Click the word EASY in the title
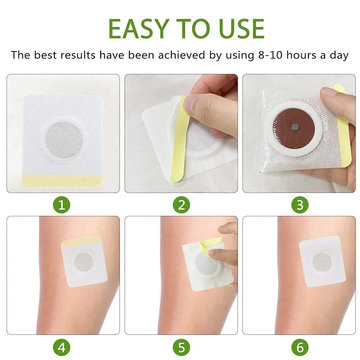point(139,29)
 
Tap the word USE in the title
point(242,29)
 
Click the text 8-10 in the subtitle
point(270,55)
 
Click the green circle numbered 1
point(62,205)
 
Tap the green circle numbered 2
point(181,205)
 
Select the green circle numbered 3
point(300,205)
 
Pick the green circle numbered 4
point(62,348)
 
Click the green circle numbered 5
point(181,348)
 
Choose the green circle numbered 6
point(300,348)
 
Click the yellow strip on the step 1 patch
point(63,181)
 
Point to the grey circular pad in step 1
point(64,140)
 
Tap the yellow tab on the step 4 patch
point(81,242)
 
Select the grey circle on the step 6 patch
point(322,262)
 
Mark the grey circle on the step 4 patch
point(84,262)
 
